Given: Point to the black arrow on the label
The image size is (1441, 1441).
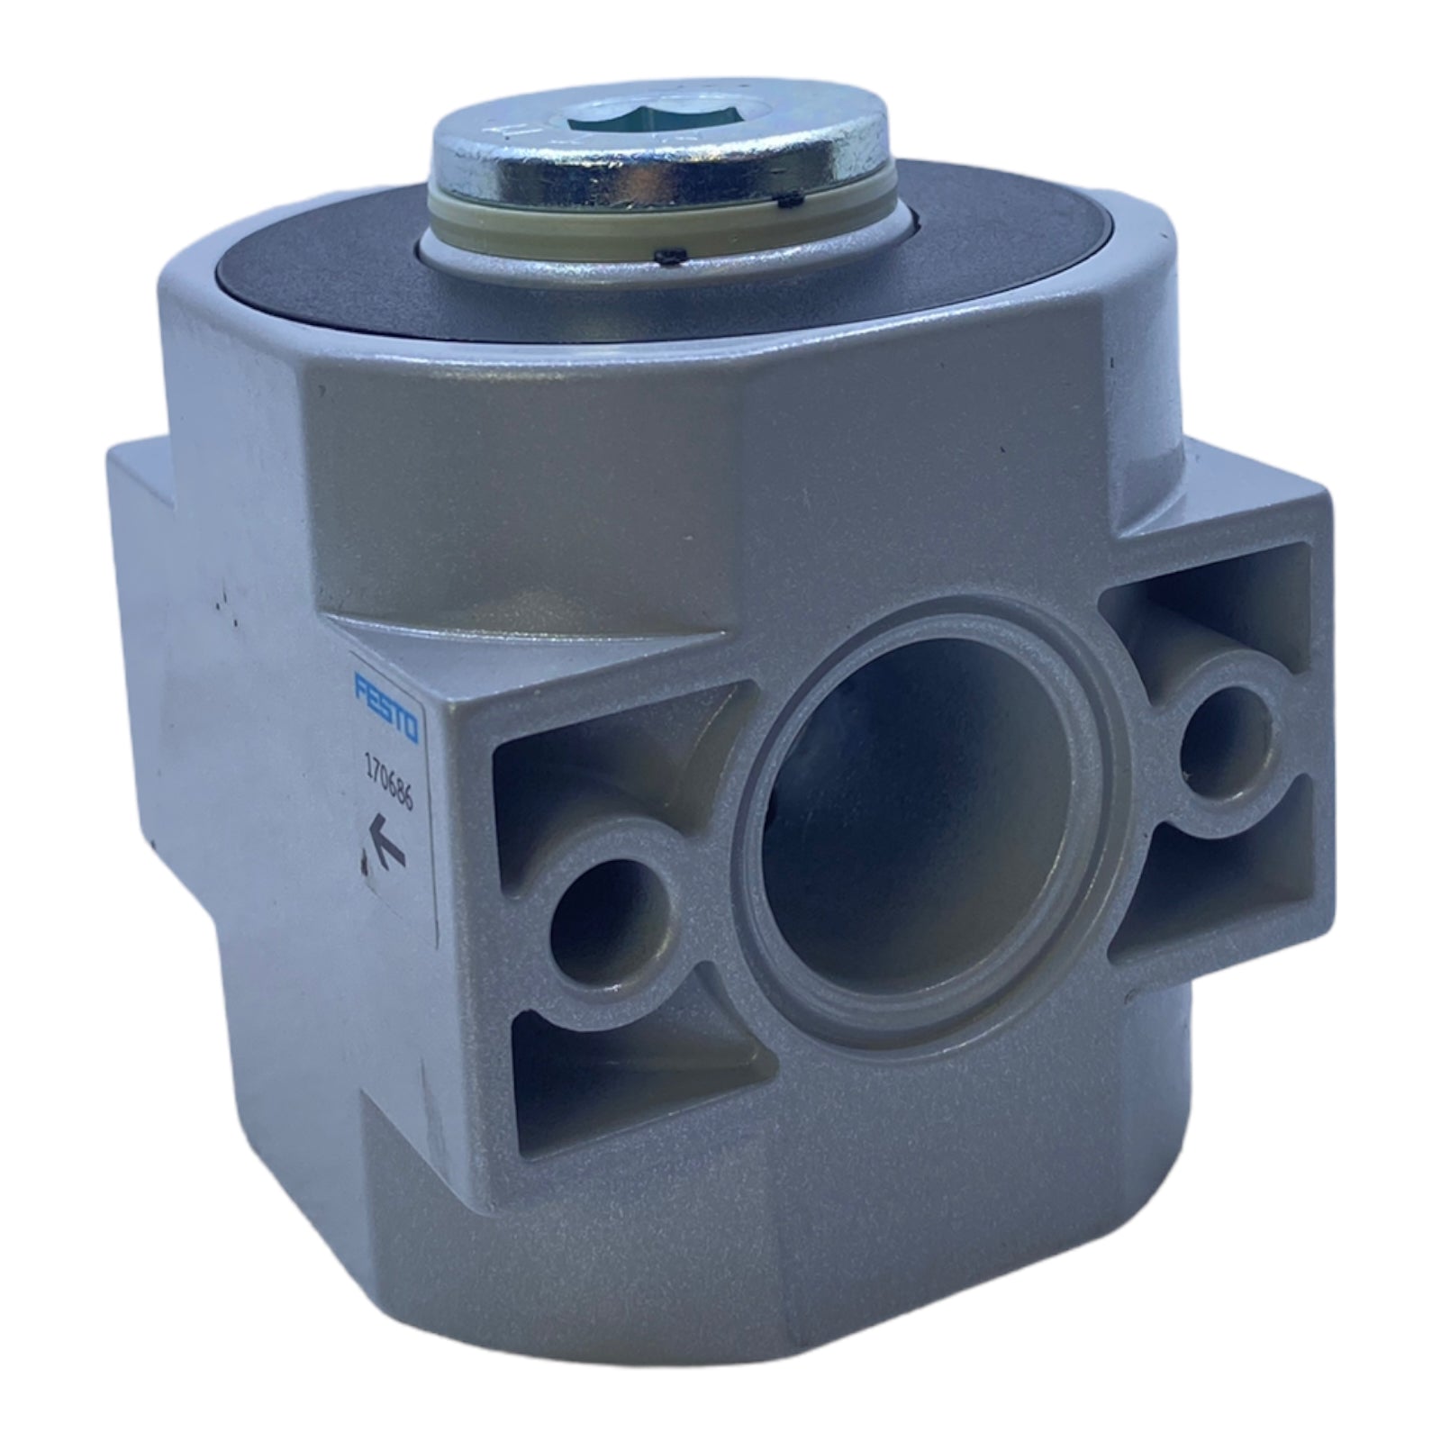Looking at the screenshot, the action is (385, 846).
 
